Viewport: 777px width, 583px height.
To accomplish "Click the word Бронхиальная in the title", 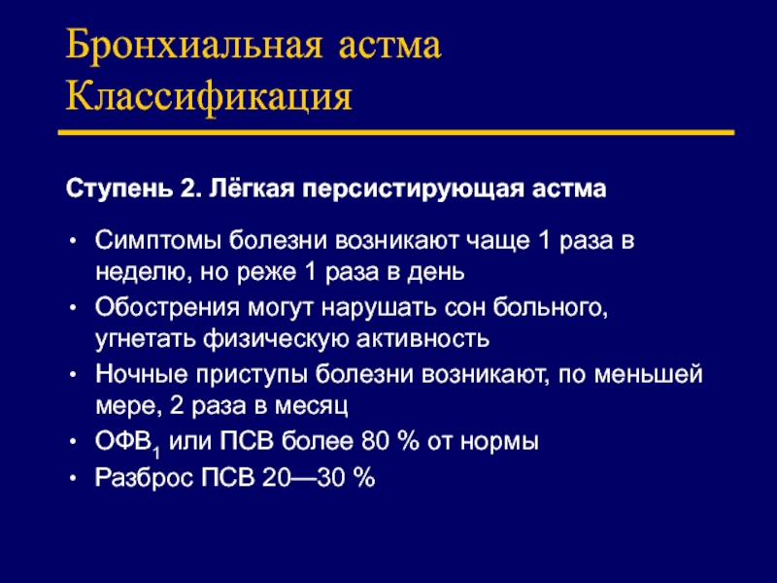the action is coord(193,46).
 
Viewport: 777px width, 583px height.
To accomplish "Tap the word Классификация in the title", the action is coord(209,96).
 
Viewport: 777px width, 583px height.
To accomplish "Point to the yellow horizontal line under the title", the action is coord(396,132).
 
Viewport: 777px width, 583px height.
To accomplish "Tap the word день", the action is coord(435,272).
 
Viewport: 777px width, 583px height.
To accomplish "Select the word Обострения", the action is coord(167,307).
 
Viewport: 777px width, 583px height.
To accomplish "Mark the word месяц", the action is coord(311,406).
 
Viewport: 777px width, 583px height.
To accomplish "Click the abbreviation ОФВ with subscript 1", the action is coord(128,442).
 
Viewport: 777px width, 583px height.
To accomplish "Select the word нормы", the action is coord(499,442).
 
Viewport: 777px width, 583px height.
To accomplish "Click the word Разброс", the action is coord(144,478).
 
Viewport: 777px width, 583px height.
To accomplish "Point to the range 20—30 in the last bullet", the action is coord(303,478).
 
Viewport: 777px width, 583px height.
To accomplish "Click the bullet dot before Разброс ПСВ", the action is coord(74,478).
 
